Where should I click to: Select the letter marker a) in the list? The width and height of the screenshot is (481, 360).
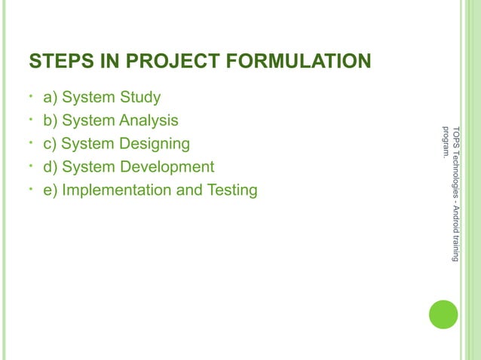51,97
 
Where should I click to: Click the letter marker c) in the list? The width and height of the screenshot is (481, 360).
51,144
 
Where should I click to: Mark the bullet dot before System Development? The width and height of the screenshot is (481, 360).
29,166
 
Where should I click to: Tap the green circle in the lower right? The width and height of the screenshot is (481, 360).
443,314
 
